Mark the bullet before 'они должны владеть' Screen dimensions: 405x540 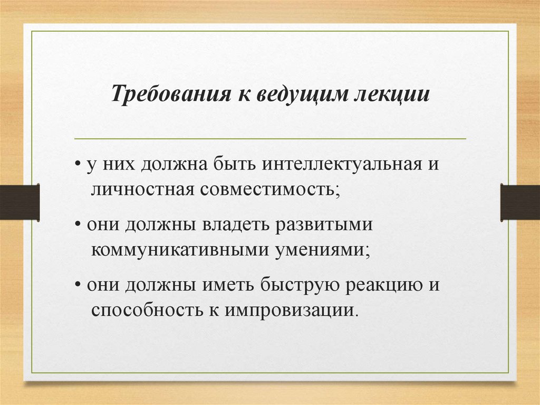[77, 226]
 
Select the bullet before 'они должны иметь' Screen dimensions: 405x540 [77, 286]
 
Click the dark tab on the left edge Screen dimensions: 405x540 [20, 202]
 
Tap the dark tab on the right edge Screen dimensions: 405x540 [520, 202]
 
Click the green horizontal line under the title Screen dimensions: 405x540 [270, 139]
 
